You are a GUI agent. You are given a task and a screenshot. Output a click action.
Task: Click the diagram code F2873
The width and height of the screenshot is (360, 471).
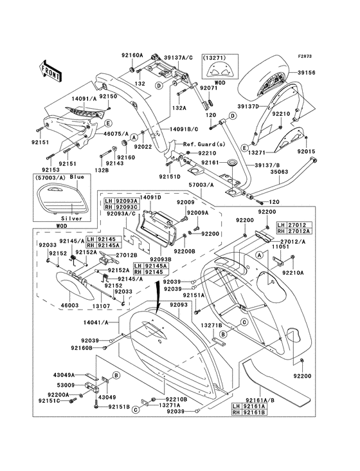[305, 56]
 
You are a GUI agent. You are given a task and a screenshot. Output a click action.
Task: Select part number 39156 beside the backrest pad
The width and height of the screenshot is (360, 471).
[307, 73]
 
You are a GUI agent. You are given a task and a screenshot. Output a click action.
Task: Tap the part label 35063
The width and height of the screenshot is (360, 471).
[279, 172]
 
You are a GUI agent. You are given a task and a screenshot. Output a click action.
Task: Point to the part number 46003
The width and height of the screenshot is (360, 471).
[69, 305]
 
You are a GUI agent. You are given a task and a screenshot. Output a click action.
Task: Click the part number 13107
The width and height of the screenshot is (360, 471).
[101, 306]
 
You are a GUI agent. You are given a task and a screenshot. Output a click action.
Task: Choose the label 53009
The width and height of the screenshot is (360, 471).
[66, 385]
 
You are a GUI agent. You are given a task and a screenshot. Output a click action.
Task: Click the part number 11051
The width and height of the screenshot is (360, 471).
[280, 246]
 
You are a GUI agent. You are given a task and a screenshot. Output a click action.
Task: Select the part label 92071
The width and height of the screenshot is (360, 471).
[208, 88]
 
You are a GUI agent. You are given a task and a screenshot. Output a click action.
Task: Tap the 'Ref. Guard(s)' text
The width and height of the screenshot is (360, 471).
[204, 144]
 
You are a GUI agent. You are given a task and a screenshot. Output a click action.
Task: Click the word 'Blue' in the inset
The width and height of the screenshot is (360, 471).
[77, 177]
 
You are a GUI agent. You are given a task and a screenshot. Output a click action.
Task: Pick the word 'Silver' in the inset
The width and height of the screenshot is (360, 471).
[72, 218]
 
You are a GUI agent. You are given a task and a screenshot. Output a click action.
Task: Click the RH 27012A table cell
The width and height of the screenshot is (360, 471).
[294, 231]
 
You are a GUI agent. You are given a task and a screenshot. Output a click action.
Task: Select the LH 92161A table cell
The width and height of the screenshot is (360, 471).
[249, 407]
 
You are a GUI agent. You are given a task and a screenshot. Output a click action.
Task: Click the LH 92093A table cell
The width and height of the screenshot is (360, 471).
[122, 201]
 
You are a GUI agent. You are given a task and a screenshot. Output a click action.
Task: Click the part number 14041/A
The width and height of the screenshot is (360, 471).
[95, 323]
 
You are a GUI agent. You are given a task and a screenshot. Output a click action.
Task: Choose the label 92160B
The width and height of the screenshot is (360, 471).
[81, 348]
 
